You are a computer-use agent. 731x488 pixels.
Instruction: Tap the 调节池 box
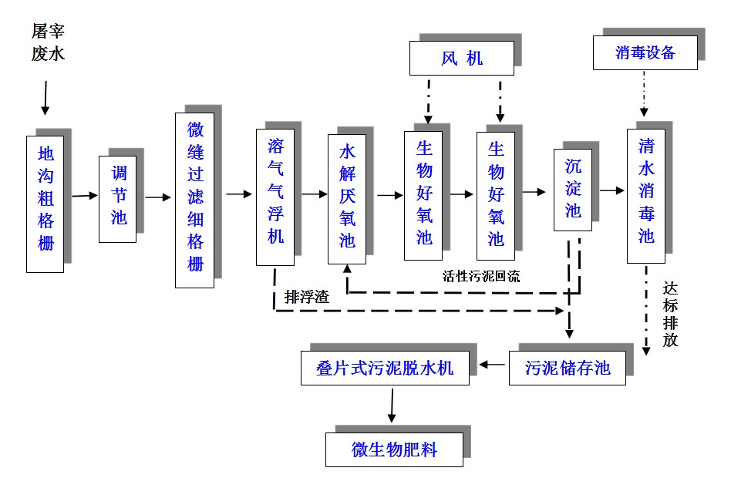click(x=117, y=199)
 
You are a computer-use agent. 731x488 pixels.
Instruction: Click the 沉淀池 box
click(x=572, y=189)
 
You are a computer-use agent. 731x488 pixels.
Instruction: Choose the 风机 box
click(x=461, y=58)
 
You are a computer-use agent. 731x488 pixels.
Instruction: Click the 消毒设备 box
click(x=645, y=52)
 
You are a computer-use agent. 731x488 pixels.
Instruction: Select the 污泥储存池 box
click(x=567, y=368)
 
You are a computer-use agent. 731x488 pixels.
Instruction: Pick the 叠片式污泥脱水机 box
click(x=386, y=368)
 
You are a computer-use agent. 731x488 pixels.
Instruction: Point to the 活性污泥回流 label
click(x=480, y=276)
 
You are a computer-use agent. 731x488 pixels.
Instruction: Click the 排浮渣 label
click(x=306, y=297)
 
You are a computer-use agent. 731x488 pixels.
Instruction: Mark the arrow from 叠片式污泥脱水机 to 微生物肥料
click(x=392, y=406)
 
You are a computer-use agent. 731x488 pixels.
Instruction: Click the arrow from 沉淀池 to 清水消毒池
click(x=609, y=190)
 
